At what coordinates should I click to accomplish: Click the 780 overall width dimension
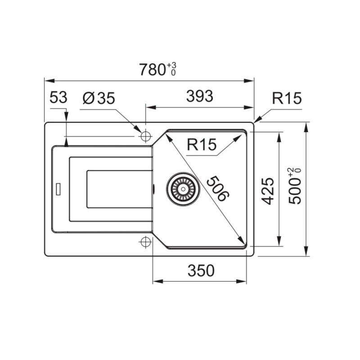click(x=152, y=70)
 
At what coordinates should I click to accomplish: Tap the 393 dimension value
click(x=199, y=96)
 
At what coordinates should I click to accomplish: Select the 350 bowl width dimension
click(x=201, y=270)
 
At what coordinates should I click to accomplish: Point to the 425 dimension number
click(x=268, y=191)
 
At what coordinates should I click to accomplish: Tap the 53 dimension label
click(x=58, y=97)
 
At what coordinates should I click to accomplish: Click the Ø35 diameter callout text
click(x=99, y=98)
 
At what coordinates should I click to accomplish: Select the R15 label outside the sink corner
click(x=287, y=98)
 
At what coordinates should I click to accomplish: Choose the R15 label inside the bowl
click(x=202, y=144)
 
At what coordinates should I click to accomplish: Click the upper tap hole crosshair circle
click(x=145, y=136)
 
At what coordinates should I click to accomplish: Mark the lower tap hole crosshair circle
click(x=145, y=242)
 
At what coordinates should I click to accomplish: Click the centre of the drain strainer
click(x=183, y=189)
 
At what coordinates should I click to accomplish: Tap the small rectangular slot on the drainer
click(x=58, y=189)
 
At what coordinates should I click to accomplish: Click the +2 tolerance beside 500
click(x=292, y=172)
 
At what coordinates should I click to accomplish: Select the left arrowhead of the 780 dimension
click(x=49, y=81)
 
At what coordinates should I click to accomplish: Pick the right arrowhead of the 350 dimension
click(x=241, y=281)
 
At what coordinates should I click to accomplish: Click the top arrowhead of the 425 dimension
click(x=279, y=137)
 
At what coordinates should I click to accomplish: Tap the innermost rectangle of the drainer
click(x=119, y=189)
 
